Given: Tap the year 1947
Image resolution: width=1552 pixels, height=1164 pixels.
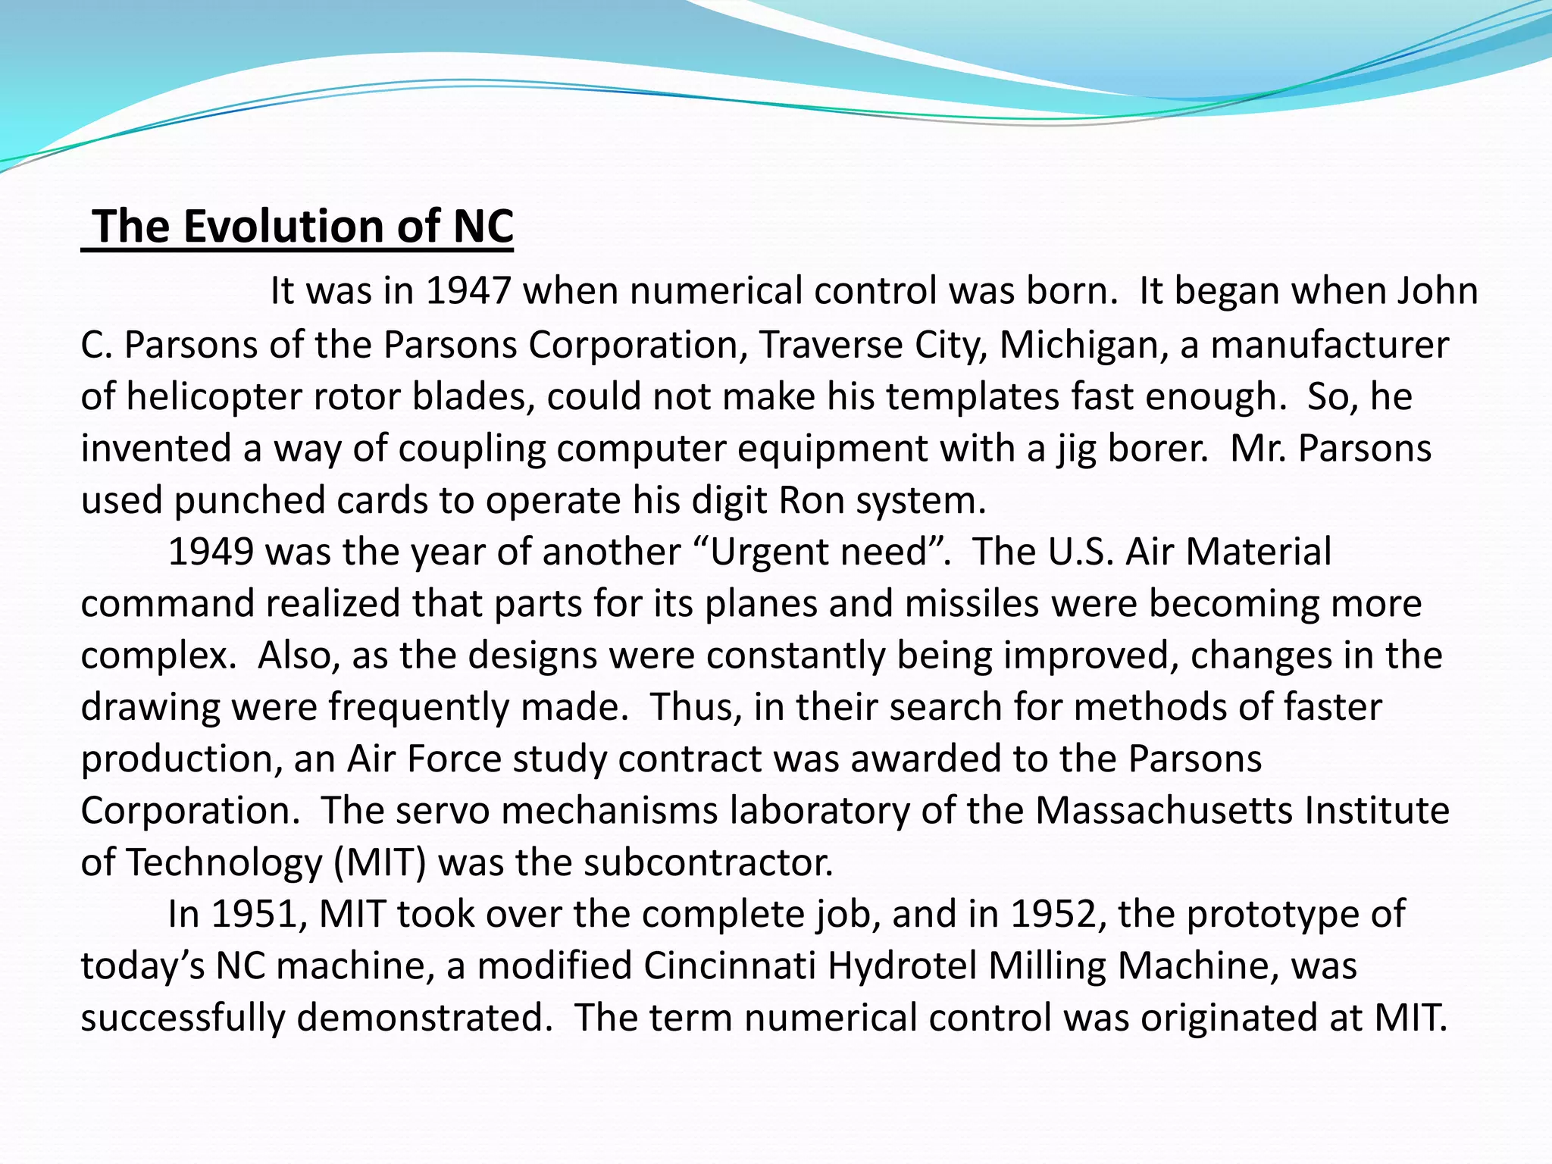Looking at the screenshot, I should pyautogui.click(x=468, y=291).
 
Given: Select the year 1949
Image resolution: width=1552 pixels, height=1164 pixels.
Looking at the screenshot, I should pyautogui.click(x=211, y=552).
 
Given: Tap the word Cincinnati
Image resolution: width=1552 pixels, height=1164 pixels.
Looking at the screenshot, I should pyautogui.click(x=730, y=966).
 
